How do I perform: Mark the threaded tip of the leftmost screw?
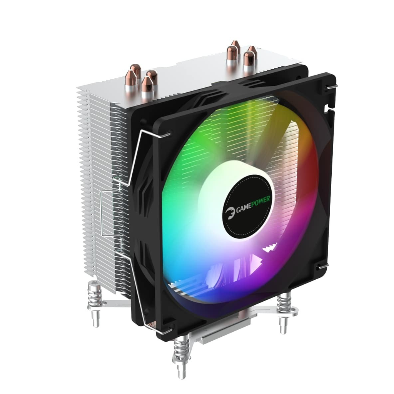(95, 319)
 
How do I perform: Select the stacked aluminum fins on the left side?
(96, 154)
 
